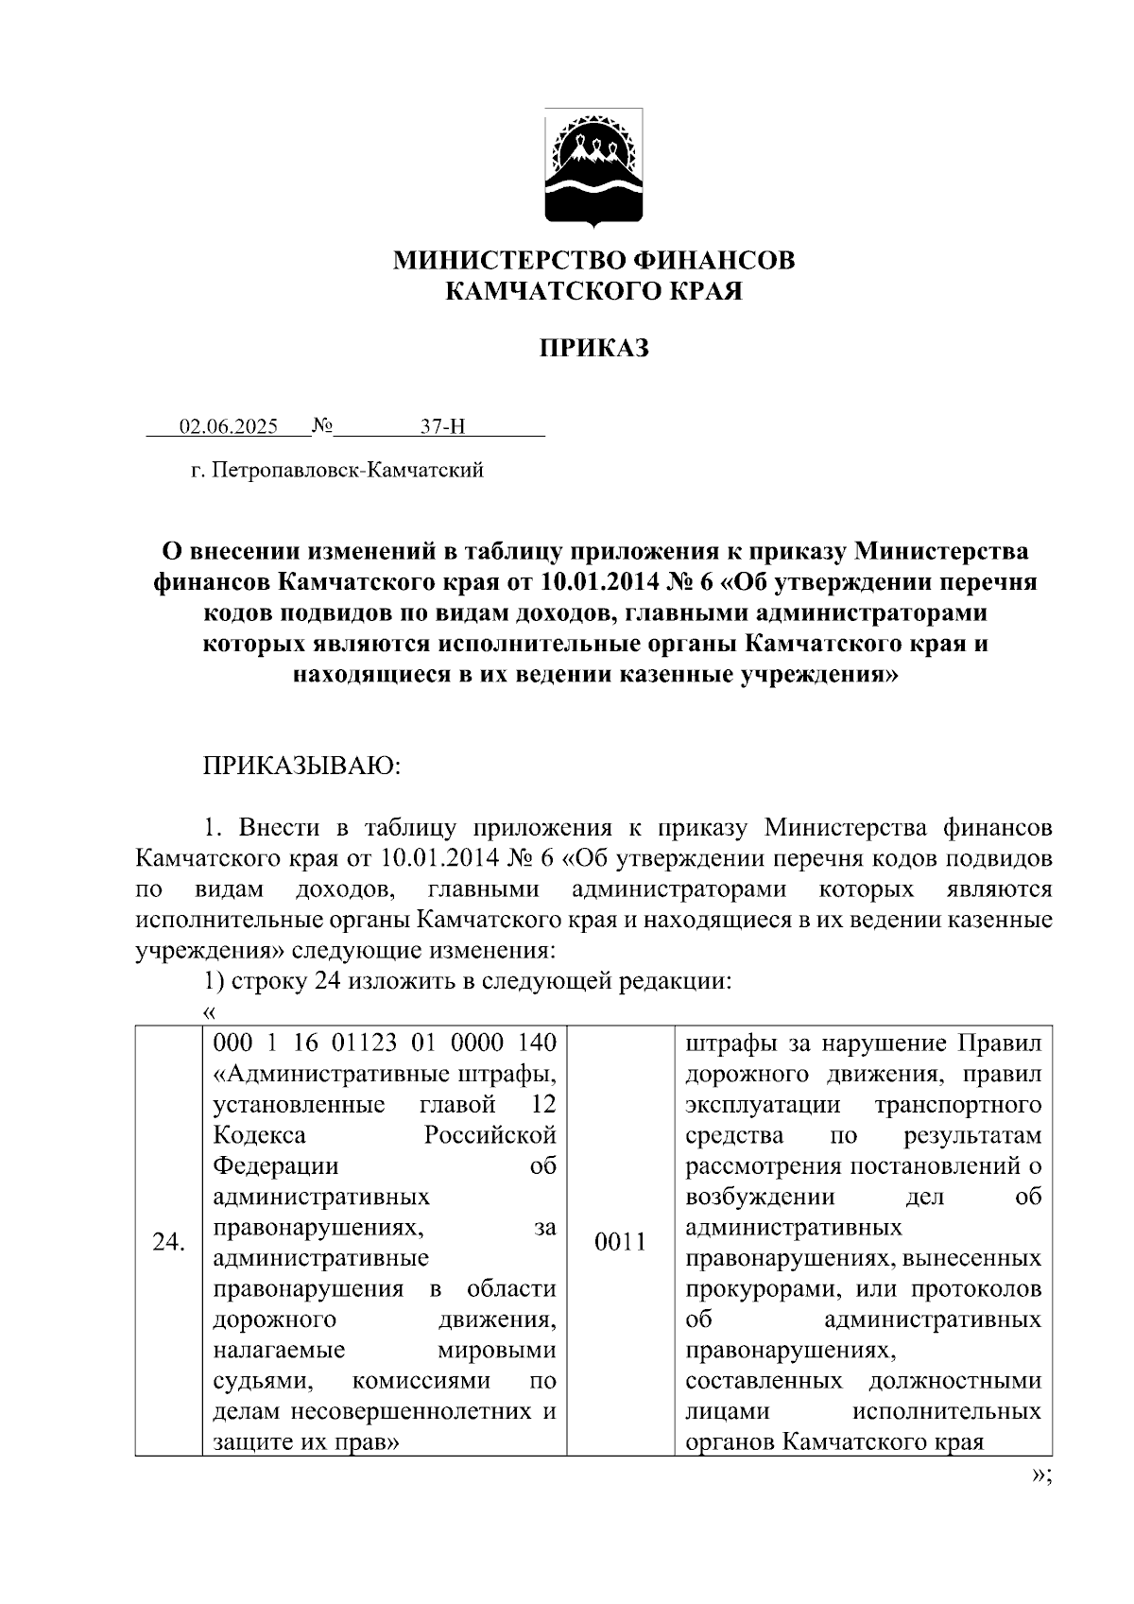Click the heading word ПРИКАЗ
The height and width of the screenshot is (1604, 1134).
593,349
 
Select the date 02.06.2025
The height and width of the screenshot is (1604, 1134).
229,427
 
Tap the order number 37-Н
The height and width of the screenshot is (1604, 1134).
442,427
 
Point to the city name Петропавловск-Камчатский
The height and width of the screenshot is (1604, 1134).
348,470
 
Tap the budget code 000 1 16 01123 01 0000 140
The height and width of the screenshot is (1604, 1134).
385,1043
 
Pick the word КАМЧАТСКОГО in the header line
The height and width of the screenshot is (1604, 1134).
540,291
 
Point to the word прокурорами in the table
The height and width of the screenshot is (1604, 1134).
765,1289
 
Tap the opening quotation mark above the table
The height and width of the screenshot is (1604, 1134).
209,1012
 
